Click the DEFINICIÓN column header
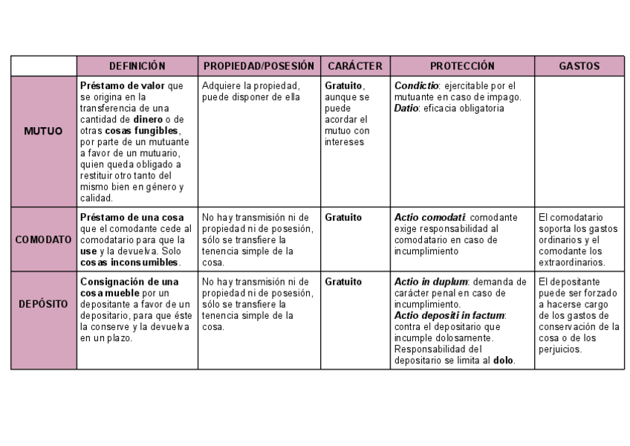(x=137, y=66)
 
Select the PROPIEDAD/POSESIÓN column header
(x=259, y=66)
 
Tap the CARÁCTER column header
(x=355, y=66)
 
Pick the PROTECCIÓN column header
(x=462, y=66)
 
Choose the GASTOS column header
(x=579, y=66)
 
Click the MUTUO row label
(x=43, y=131)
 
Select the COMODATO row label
(x=43, y=239)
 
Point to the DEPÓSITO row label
(x=43, y=306)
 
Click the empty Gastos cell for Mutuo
(x=579, y=141)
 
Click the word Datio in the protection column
(x=406, y=108)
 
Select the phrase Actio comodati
(x=429, y=217)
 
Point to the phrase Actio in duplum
(x=431, y=282)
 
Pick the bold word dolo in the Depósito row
(x=503, y=361)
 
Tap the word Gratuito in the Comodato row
(x=343, y=217)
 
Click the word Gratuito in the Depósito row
(x=343, y=282)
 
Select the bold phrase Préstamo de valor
(x=123, y=85)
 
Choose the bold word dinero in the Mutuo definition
(x=149, y=119)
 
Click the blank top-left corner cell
(x=43, y=66)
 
